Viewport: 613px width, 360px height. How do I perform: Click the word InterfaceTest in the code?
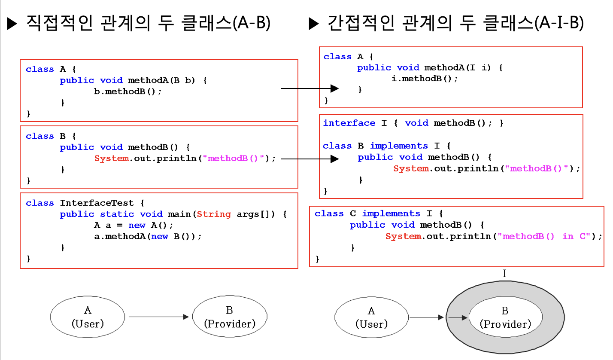point(97,203)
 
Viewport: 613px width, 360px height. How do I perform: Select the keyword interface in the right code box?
point(349,123)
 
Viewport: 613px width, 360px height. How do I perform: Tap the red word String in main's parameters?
point(214,214)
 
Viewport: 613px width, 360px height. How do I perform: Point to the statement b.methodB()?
point(128,92)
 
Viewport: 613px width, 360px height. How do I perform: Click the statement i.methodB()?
point(425,79)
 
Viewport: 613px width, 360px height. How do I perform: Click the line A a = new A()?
point(134,225)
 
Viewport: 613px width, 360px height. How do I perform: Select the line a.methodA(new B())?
point(148,236)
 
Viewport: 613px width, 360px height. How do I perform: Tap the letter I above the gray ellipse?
point(504,273)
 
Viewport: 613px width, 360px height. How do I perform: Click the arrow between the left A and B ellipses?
point(159,317)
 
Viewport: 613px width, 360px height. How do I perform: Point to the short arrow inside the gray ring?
point(458,317)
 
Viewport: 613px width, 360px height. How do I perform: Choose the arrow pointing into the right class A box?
point(310,88)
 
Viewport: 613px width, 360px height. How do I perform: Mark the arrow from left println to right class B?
point(310,159)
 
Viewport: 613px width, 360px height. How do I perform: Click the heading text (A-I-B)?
point(559,23)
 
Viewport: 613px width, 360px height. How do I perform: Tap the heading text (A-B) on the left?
point(252,23)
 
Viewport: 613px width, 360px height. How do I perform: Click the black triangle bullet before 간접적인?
point(314,24)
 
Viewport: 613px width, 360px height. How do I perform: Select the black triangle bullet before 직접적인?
point(12,24)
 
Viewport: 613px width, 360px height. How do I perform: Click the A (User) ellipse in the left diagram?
point(88,317)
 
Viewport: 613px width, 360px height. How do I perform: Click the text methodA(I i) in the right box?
point(458,67)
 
